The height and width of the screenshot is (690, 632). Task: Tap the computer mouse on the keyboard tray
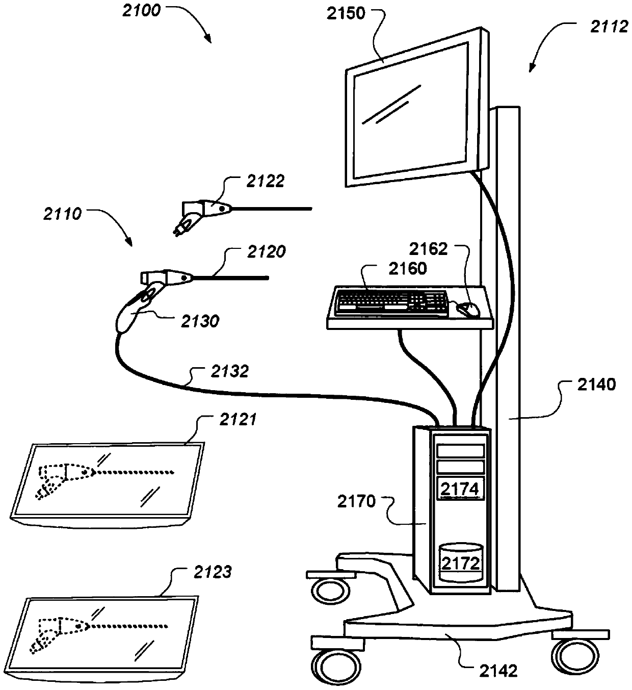click(x=468, y=309)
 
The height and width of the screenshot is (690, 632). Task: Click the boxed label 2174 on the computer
click(x=460, y=489)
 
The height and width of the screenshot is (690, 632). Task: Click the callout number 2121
click(x=238, y=419)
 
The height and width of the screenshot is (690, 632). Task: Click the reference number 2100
click(x=141, y=10)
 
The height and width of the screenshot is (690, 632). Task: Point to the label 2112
click(x=609, y=27)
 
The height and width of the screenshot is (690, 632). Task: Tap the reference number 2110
click(x=63, y=214)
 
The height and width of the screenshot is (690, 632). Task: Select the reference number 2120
click(x=266, y=251)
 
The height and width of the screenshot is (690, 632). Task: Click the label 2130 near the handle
click(x=200, y=321)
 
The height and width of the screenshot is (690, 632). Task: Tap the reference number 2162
click(x=429, y=249)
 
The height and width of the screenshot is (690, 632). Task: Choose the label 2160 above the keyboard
click(x=407, y=268)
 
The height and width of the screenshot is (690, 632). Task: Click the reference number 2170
click(x=356, y=502)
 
